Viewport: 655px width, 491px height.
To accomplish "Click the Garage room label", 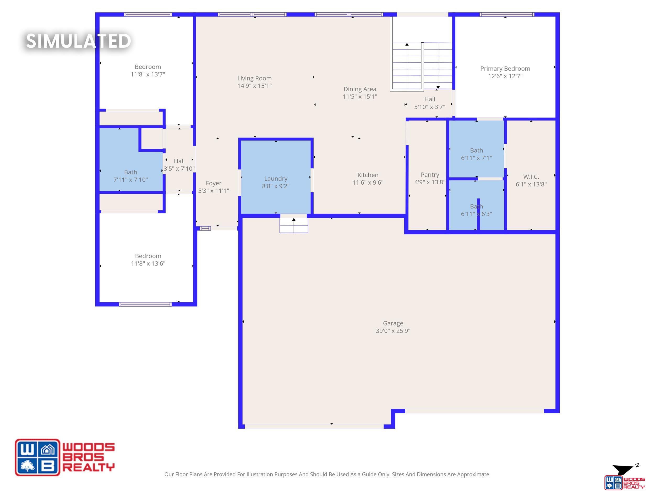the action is [393, 323].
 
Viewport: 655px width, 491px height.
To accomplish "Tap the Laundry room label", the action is [276, 179].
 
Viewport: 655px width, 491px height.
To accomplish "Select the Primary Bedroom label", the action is [505, 69].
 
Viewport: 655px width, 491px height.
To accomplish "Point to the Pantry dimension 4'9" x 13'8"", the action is [430, 182].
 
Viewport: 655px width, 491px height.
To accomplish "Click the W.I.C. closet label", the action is [531, 177].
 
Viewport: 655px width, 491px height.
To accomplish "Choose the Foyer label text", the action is [214, 184].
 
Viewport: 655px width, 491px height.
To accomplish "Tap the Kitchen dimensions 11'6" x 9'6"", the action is [368, 182].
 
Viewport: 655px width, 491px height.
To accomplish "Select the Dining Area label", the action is [360, 89].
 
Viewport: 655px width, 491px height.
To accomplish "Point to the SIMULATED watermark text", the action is [79, 41].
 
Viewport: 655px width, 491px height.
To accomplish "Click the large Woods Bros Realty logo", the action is [64, 457].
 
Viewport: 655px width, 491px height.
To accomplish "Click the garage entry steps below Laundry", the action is [294, 225].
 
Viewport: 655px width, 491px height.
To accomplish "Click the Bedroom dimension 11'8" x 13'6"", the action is [148, 263].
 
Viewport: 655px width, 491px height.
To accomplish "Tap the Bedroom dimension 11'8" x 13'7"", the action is [148, 74].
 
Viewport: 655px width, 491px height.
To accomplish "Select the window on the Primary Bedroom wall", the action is [507, 14].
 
